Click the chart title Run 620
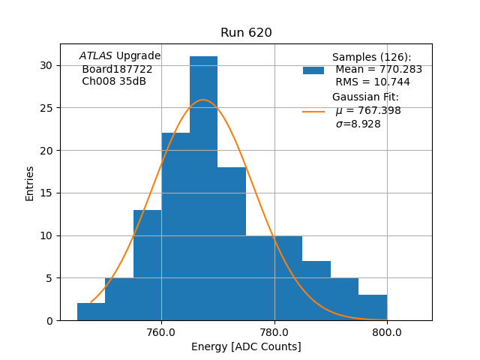(x=246, y=33)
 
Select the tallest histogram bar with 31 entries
(x=203, y=187)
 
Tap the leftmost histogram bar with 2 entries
(x=91, y=312)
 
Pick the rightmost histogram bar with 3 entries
(x=373, y=307)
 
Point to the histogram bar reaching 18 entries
(x=232, y=244)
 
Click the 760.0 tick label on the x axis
(x=161, y=333)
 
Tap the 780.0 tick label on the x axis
(x=274, y=333)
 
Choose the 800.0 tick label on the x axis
(x=387, y=333)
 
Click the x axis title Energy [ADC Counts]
(x=246, y=346)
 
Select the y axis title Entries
(x=30, y=183)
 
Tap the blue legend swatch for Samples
(x=313, y=70)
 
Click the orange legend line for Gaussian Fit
(x=313, y=111)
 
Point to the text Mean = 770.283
(x=379, y=70)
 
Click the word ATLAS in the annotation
(x=96, y=56)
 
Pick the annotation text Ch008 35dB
(x=114, y=82)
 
